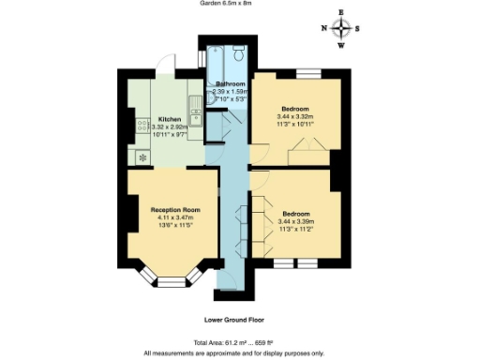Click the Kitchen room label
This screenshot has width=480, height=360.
pyautogui.click(x=170, y=119)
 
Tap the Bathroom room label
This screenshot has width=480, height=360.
pyautogui.click(x=230, y=84)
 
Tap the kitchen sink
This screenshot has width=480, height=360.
pyautogui.click(x=195, y=112)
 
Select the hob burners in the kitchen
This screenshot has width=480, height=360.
pyautogui.click(x=142, y=126)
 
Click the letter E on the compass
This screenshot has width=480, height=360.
pyautogui.click(x=340, y=11)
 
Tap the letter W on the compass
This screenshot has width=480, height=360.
pyautogui.click(x=340, y=45)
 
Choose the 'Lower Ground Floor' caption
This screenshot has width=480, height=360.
pyautogui.click(x=233, y=320)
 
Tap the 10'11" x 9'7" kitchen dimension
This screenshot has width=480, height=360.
pyautogui.click(x=170, y=136)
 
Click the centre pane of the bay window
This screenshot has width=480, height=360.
pyautogui.click(x=170, y=280)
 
